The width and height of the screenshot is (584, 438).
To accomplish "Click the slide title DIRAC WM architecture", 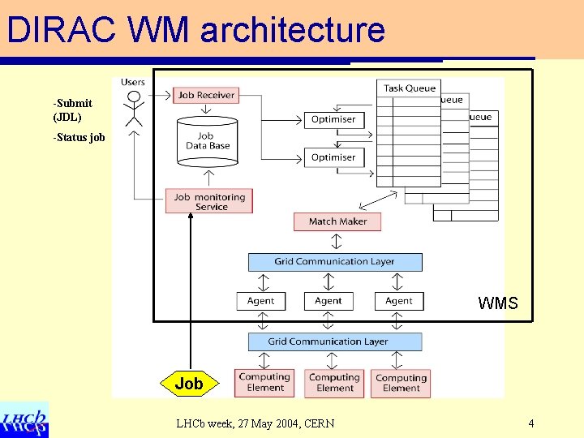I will coord(195,30).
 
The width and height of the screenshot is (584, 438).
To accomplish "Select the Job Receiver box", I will coord(206,95).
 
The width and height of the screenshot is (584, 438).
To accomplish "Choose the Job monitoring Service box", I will coord(209,201).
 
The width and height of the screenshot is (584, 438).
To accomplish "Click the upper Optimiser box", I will coord(333,119).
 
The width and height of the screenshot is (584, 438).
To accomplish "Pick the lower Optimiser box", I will coord(333,157).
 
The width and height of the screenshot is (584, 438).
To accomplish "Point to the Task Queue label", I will coord(410,88).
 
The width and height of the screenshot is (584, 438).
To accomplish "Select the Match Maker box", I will coord(337,221).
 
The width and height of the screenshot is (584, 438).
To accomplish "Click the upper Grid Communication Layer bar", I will coord(335,261).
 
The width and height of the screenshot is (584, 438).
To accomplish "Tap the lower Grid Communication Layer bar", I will coord(334,341).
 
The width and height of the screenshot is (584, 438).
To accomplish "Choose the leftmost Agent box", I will coord(261,301).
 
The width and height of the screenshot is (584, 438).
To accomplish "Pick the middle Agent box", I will coord(328,301).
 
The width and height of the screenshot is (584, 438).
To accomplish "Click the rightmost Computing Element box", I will coord(401,383).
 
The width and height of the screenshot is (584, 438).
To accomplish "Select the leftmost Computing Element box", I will coord(264,383).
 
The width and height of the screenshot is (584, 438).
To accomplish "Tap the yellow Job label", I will coord(189,384).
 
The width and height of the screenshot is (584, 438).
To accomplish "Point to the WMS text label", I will coord(498,303).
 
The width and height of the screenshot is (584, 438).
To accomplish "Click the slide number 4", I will coord(530,423).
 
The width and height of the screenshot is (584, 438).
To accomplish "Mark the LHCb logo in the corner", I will coord(24,419).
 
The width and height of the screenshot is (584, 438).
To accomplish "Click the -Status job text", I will coord(79,137).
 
